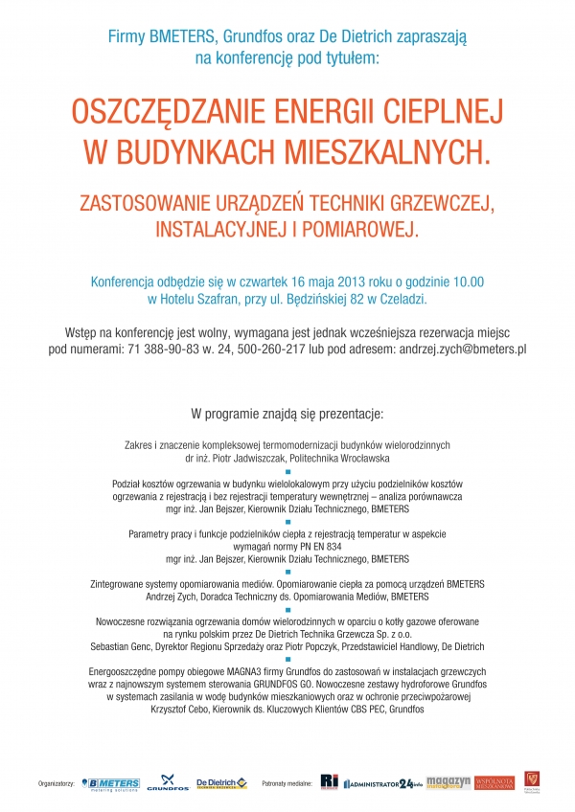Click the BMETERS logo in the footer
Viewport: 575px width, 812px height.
pyautogui.click(x=111, y=783)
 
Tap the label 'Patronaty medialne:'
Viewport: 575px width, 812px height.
pyautogui.click(x=289, y=784)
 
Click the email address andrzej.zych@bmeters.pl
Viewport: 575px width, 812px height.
pyautogui.click(x=449, y=350)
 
